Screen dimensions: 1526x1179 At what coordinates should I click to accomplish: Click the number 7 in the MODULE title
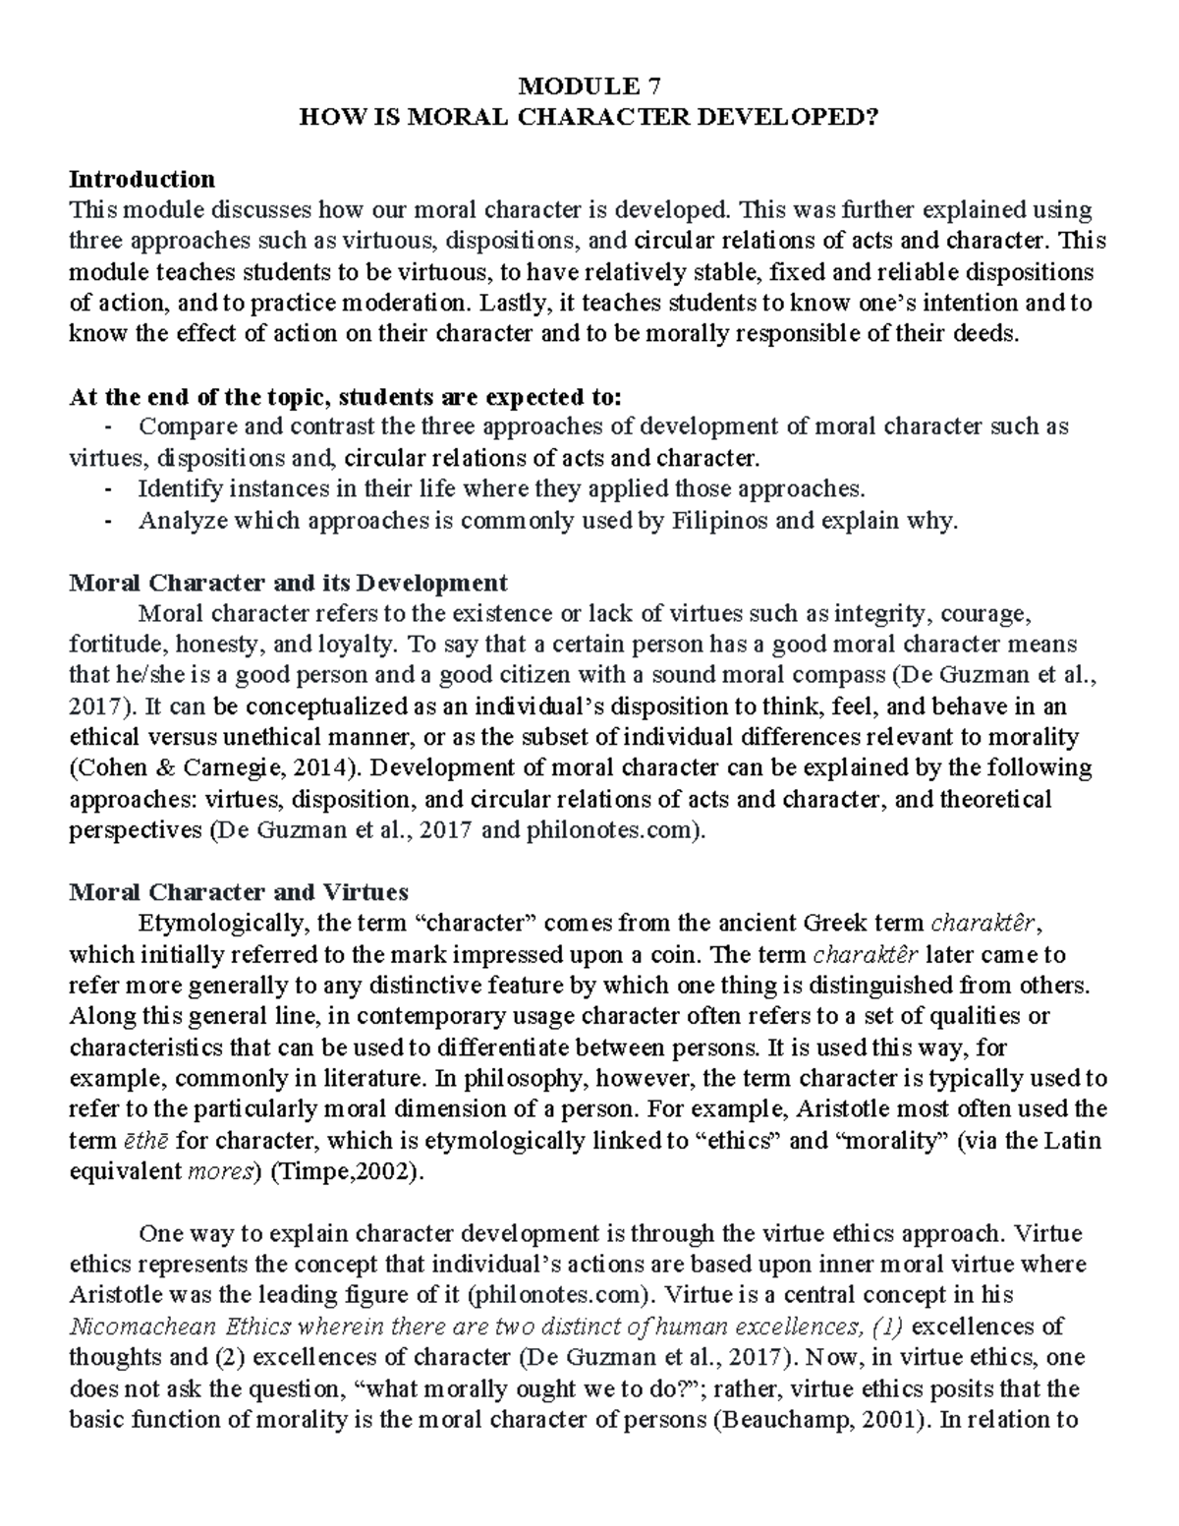(x=656, y=86)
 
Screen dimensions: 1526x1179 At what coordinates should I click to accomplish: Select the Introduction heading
(x=141, y=179)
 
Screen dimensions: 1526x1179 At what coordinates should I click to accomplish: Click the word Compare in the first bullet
(x=181, y=426)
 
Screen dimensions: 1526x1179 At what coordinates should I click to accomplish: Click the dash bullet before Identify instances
(x=107, y=488)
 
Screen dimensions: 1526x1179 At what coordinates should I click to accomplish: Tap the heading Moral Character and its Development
(x=288, y=583)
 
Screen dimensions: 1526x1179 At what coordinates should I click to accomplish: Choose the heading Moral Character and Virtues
(x=239, y=892)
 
